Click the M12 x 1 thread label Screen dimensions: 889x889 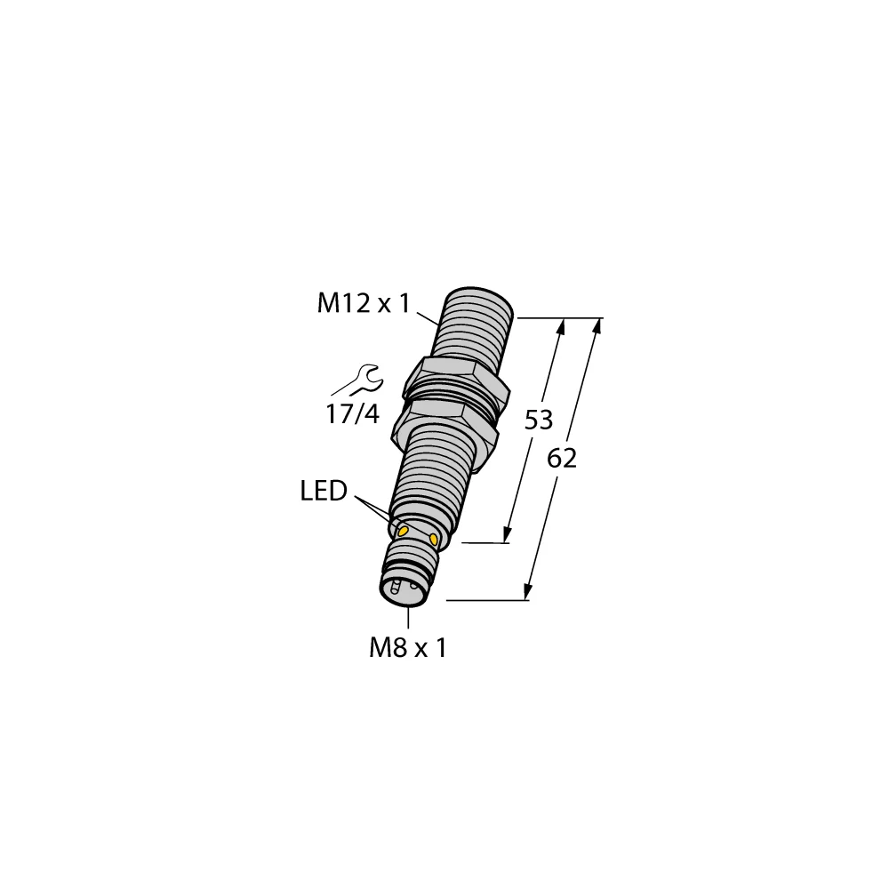tap(364, 305)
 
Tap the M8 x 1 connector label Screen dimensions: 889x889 tap(408, 648)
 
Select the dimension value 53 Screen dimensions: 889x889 tap(539, 420)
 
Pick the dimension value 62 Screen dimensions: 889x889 tap(562, 459)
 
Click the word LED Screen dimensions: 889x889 tap(324, 491)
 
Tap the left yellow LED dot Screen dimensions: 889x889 tap(403, 530)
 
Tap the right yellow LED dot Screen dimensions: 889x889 tap(434, 539)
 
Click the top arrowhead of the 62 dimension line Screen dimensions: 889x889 tap(597, 325)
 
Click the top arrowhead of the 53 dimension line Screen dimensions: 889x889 tap(560, 326)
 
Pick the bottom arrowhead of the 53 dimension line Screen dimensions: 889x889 tap(508, 533)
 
